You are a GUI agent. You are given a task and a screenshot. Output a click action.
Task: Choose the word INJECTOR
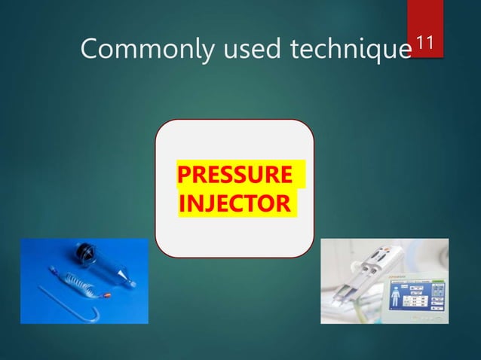point(234,203)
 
